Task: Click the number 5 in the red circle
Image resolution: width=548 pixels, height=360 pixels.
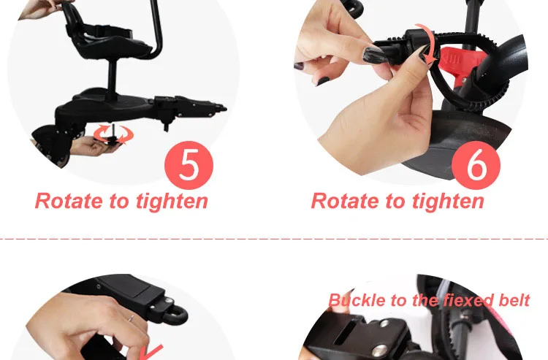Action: (x=189, y=164)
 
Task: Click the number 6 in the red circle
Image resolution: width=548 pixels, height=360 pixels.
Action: (x=476, y=164)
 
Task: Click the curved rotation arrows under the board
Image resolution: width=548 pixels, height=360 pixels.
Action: (x=113, y=134)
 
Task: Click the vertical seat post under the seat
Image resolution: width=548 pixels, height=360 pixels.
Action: (x=113, y=79)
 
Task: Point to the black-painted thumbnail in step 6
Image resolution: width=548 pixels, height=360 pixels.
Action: (x=373, y=55)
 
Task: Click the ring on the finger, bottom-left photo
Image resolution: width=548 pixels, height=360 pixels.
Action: (x=131, y=318)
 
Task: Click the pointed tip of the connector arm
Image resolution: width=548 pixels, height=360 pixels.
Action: (x=226, y=110)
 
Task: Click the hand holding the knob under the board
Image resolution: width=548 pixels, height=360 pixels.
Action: (x=94, y=146)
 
